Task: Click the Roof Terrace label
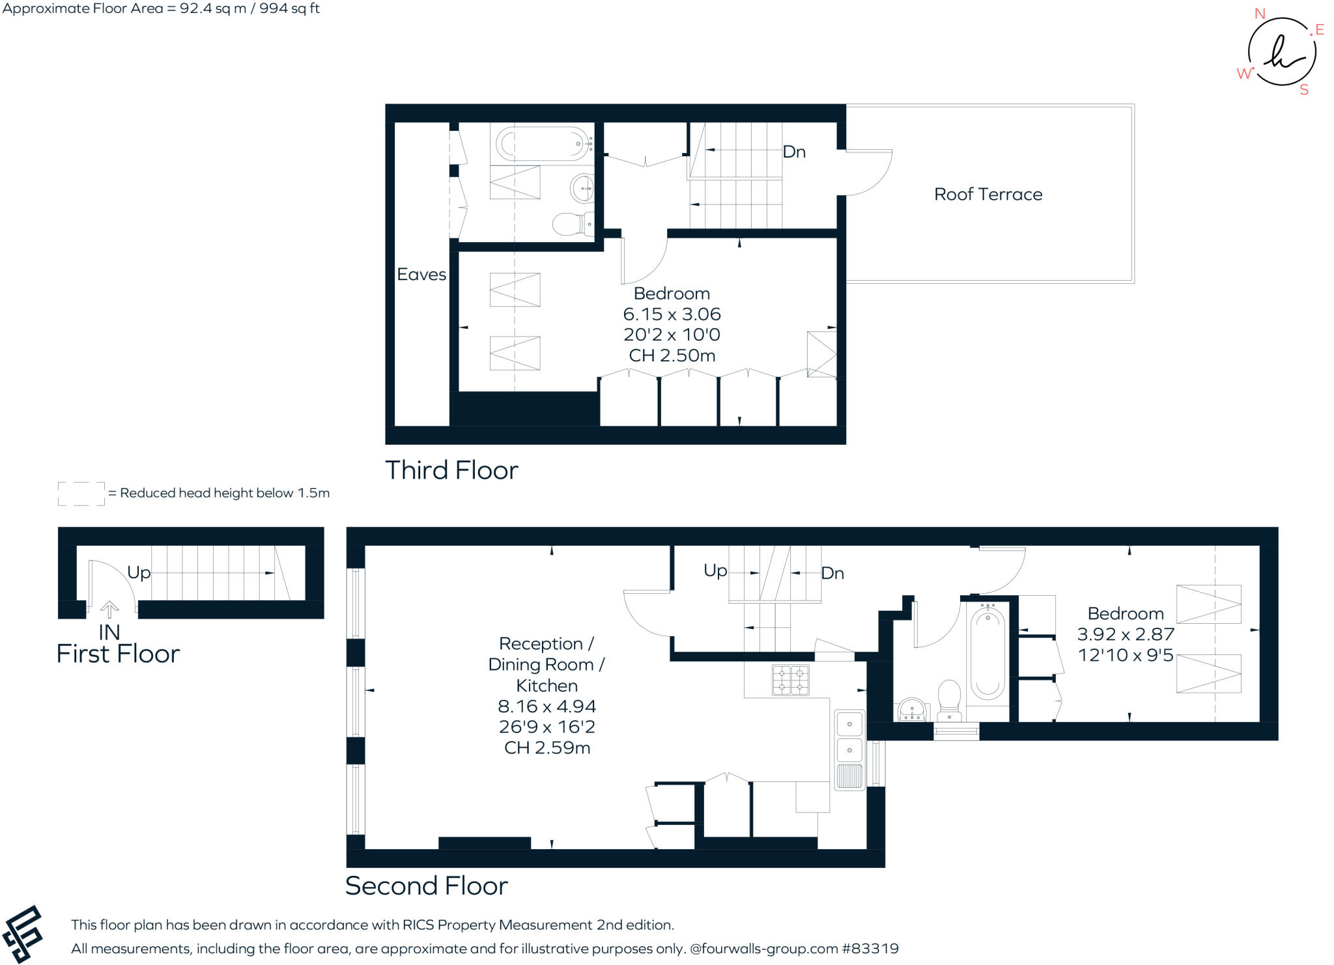coord(988,194)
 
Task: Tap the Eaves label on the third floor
coord(421,274)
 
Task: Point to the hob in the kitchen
coord(791,680)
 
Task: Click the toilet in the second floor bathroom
coord(949,701)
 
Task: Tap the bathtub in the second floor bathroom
coord(987,651)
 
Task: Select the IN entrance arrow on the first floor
coord(109,609)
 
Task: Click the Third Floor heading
coord(451,470)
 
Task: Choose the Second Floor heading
coord(426,886)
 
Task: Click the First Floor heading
coord(118,654)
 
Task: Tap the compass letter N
coord(1260,14)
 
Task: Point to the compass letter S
coord(1304,90)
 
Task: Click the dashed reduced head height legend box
coord(81,494)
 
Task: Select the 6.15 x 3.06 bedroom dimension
coord(672,315)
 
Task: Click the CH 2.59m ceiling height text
coord(547,748)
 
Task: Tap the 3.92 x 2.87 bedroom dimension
coord(1126,634)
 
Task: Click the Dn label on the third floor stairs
coord(794,152)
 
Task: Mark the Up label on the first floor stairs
coord(139,573)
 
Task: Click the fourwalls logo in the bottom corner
coord(23,934)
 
